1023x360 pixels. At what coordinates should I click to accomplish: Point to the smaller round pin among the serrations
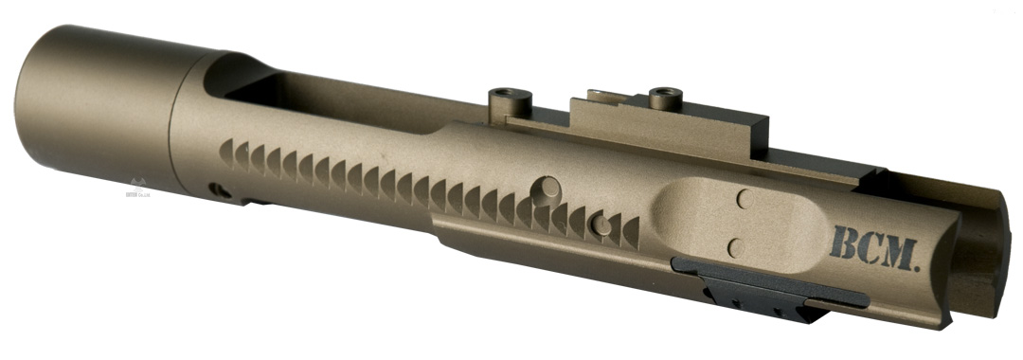600,225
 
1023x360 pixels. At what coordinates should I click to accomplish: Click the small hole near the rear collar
219,189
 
